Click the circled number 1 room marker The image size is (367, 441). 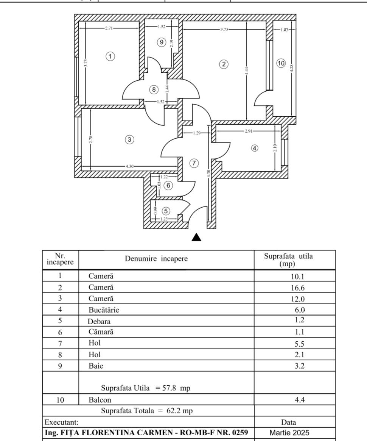click(110, 56)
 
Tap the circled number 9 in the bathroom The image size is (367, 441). click(161, 42)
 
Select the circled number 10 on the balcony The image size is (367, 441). click(281, 63)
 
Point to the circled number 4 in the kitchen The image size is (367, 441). click(254, 148)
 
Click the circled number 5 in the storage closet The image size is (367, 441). click(166, 211)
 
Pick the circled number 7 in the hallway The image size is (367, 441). click(194, 163)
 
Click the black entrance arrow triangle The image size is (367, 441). click(196, 237)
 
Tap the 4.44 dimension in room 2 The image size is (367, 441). click(246, 70)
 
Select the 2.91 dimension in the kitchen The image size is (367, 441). click(248, 131)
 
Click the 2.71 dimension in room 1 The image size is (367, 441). click(109, 28)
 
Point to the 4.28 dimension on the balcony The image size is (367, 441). click(291, 68)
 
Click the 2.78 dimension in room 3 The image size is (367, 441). click(90, 139)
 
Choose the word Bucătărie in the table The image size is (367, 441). click(104, 310)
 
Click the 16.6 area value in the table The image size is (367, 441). click(298, 288)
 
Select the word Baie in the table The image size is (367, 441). click(96, 366)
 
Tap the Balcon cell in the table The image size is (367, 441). click(100, 400)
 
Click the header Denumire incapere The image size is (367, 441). click(156, 258)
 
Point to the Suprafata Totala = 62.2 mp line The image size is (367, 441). click(147, 411)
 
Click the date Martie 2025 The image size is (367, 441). click(289, 433)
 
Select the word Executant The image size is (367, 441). click(62, 422)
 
